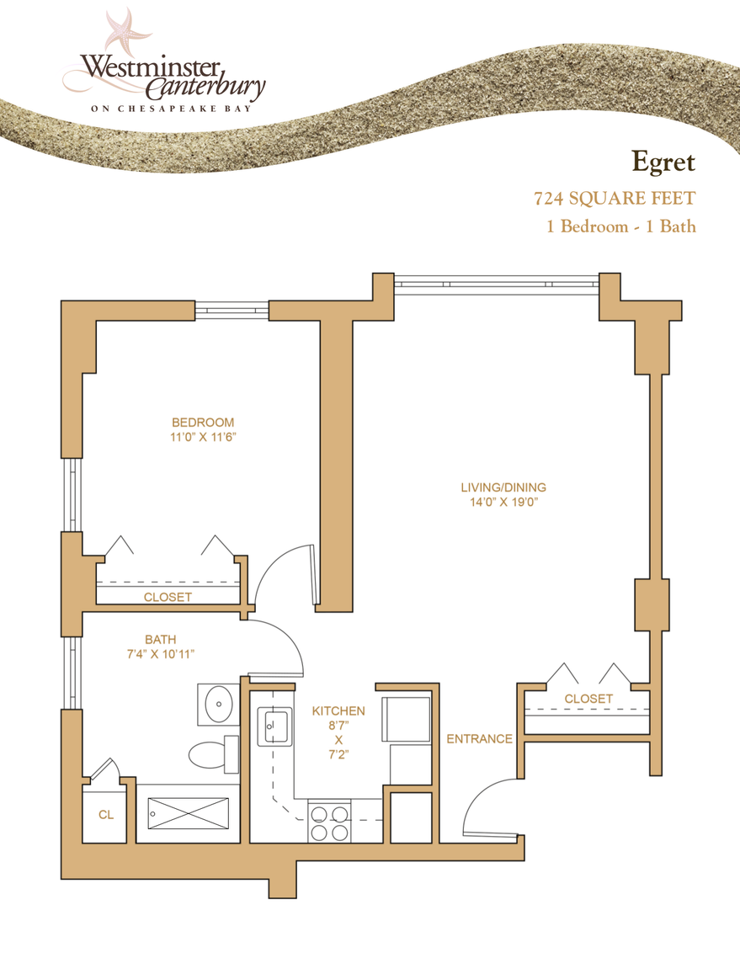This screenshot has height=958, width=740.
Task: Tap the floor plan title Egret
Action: (x=663, y=159)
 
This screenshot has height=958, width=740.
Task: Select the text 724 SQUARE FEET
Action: (x=615, y=200)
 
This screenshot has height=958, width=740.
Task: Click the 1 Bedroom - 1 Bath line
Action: (x=621, y=226)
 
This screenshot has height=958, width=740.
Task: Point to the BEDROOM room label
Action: (x=203, y=422)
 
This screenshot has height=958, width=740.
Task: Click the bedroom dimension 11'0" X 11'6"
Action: (x=203, y=437)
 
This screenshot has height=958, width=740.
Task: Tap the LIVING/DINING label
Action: (x=503, y=487)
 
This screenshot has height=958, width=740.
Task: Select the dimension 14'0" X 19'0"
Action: (x=503, y=502)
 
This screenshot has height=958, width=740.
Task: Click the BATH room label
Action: (x=160, y=639)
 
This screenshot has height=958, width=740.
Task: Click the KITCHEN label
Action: (x=338, y=711)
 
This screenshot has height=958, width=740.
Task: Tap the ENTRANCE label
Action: (x=479, y=739)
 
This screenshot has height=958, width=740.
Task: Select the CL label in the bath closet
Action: (x=105, y=815)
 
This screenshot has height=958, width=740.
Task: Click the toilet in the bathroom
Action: (x=210, y=753)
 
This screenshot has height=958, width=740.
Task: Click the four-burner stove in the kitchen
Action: (x=330, y=822)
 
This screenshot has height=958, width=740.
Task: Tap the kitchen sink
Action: (x=277, y=726)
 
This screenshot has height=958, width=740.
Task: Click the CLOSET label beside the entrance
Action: (x=588, y=699)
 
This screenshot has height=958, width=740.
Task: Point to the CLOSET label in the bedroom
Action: (x=168, y=597)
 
